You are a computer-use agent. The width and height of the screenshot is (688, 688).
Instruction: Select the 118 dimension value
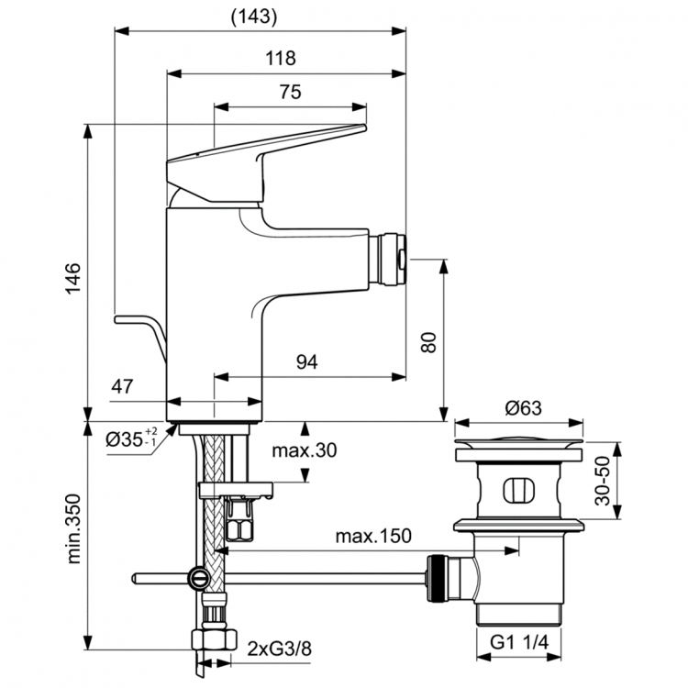[x=282, y=59]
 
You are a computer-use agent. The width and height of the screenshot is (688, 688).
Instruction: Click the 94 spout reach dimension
[x=306, y=363]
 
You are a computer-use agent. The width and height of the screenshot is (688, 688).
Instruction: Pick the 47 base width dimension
[x=123, y=386]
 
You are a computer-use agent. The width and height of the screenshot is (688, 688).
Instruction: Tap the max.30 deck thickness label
[x=305, y=450]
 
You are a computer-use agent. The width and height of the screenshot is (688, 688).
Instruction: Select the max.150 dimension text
[x=372, y=535]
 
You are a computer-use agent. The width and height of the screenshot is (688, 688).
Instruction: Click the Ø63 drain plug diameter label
[x=519, y=408]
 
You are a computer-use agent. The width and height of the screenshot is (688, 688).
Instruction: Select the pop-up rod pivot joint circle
[x=197, y=578]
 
